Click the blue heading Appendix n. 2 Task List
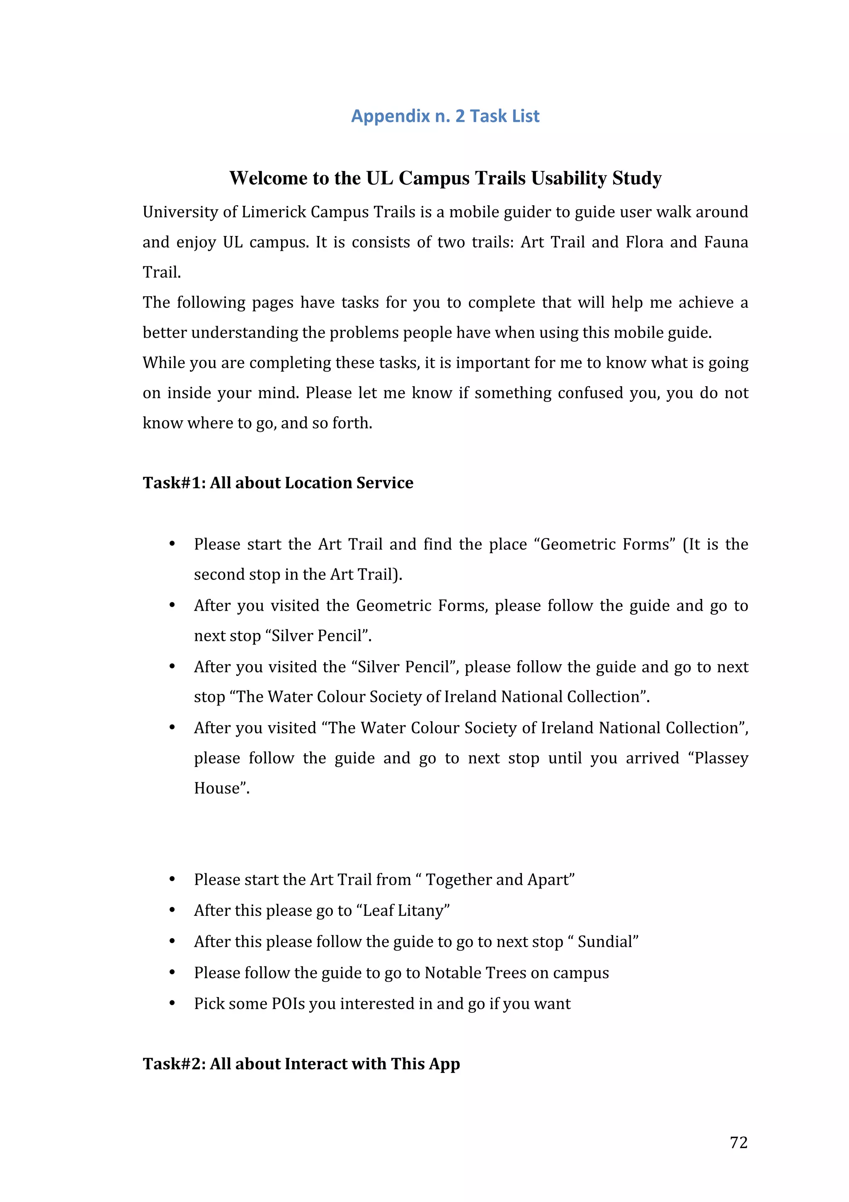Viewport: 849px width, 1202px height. click(445, 116)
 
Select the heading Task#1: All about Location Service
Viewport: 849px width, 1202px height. click(278, 483)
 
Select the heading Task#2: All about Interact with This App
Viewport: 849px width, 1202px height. click(301, 1064)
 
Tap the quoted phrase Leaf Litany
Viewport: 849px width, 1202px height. click(403, 911)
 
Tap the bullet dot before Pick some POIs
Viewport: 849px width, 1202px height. click(172, 1003)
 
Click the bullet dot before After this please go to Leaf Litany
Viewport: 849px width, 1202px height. click(172, 910)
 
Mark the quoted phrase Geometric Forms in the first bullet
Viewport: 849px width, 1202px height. click(605, 545)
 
